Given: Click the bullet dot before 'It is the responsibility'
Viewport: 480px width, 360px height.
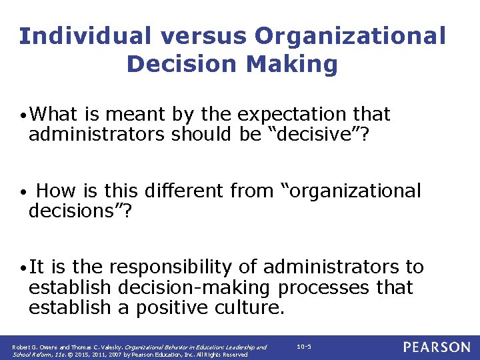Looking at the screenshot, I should [23, 268].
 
